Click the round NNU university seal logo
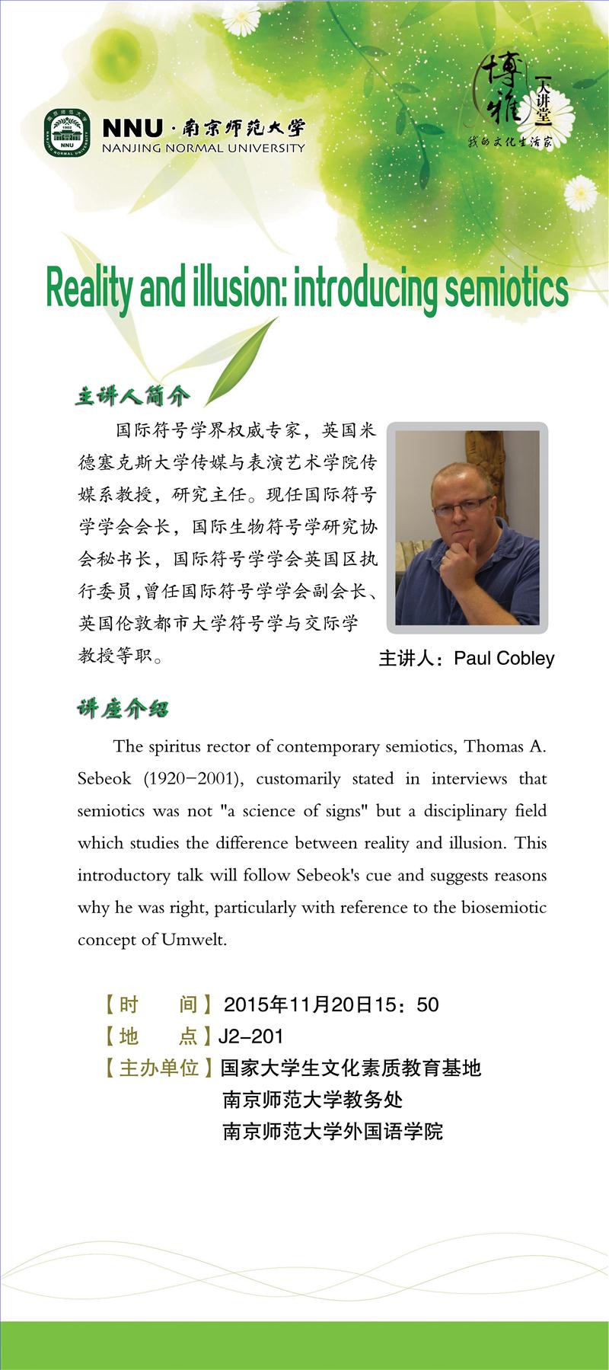click(x=67, y=133)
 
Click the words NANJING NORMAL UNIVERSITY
click(x=203, y=148)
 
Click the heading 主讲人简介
click(x=132, y=396)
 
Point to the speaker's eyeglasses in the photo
click(x=463, y=503)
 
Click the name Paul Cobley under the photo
click(x=504, y=659)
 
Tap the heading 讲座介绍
click(x=123, y=709)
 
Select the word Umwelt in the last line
click(x=194, y=940)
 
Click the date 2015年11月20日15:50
click(x=331, y=1004)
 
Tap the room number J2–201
click(x=250, y=1036)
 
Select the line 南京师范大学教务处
click(x=312, y=1100)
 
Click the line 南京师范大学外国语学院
click(x=332, y=1131)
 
